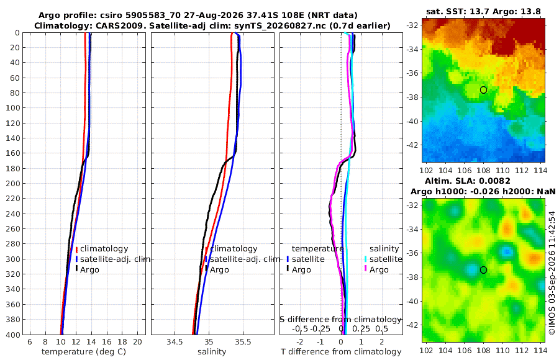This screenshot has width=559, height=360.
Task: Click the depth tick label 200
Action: click(x=12, y=184)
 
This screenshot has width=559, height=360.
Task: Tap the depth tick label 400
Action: click(x=12, y=335)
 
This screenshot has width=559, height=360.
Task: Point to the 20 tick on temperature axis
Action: click(x=137, y=342)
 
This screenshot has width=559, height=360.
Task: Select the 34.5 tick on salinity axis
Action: click(x=175, y=342)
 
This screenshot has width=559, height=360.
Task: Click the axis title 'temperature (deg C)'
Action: click(x=84, y=352)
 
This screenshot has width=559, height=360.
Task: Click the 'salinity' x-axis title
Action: click(x=212, y=352)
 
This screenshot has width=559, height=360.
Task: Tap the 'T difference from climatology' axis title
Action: click(x=341, y=352)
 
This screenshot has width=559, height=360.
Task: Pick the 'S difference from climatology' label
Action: click(x=340, y=320)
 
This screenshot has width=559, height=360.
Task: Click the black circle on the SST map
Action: click(x=483, y=90)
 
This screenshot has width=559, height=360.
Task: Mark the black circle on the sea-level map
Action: click(x=483, y=270)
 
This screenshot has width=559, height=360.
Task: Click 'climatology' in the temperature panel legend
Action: click(x=104, y=249)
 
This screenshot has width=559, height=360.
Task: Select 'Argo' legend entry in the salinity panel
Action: click(x=219, y=270)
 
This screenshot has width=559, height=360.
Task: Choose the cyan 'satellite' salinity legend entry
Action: click(x=386, y=259)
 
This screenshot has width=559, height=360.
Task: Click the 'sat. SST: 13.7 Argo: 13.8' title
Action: click(x=483, y=12)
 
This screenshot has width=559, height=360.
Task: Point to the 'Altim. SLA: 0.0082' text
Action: click(x=467, y=181)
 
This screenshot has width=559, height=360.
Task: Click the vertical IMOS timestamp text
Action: click(x=552, y=272)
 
